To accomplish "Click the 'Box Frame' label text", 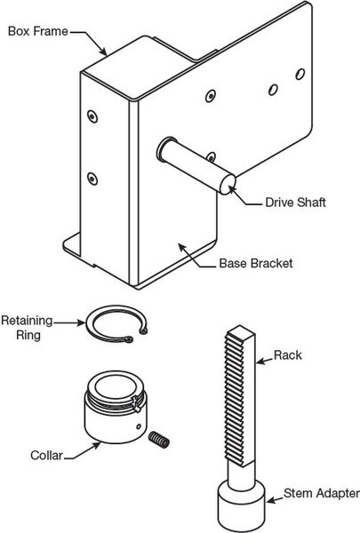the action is click(x=37, y=31).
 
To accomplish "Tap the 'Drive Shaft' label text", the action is click(x=295, y=203).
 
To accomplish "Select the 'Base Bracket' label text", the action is click(x=255, y=264).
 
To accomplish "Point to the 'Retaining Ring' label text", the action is click(x=27, y=328).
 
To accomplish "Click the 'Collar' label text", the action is click(x=46, y=455).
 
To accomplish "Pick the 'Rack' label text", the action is click(x=288, y=355).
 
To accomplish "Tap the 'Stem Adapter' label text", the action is click(x=322, y=493).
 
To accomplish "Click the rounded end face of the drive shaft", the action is click(x=228, y=185).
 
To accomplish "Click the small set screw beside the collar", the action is click(x=159, y=440).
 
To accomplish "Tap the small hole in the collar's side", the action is click(x=139, y=426).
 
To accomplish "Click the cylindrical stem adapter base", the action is click(x=241, y=507).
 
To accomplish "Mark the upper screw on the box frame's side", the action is click(x=92, y=116).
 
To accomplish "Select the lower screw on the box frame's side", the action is click(x=92, y=179).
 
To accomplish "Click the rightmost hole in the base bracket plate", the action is click(x=300, y=74).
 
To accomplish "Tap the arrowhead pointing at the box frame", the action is click(x=103, y=52).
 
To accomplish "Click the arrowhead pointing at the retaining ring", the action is click(x=81, y=323).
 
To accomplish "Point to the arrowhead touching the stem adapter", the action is click(x=271, y=500).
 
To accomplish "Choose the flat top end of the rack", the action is click(x=240, y=330).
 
